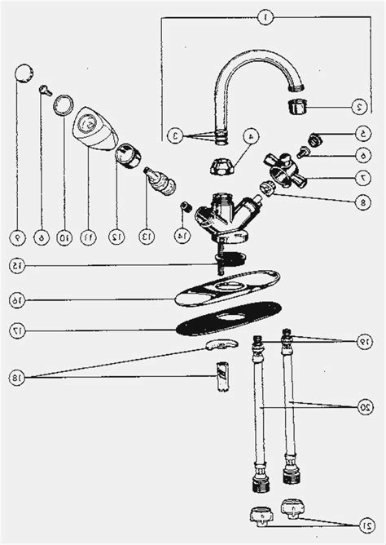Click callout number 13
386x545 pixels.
[x=147, y=237]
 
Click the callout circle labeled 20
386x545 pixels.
[x=364, y=405]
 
